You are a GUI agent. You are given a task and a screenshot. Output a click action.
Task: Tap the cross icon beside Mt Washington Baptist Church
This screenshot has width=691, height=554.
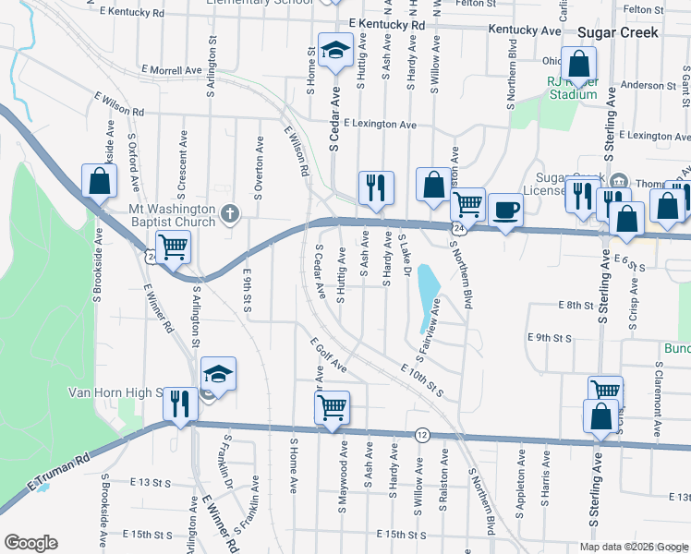tap(231, 215)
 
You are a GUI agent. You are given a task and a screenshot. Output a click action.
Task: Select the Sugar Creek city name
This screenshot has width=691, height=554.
tap(617, 32)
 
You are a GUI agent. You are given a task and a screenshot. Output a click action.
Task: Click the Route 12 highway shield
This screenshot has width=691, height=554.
tap(422, 434)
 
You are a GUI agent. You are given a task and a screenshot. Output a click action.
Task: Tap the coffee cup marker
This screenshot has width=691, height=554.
tap(504, 210)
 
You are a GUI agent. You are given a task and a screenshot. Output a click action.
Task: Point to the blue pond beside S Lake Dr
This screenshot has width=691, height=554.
tap(427, 297)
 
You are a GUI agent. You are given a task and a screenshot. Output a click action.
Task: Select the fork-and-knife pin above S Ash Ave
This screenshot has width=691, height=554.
tap(376, 187)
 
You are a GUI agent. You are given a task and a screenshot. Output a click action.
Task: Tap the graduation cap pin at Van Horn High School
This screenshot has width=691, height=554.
tap(218, 373)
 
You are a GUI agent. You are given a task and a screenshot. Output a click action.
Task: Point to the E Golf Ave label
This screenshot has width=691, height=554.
tap(328, 355)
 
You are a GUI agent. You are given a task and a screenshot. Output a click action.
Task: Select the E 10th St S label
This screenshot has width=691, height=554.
tap(422, 380)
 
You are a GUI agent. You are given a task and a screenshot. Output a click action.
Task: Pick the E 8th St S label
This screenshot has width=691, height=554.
tap(581, 304)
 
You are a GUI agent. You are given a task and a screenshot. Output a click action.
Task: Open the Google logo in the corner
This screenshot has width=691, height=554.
tap(30, 543)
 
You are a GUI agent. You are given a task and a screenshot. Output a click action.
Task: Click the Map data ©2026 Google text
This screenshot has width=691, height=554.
tap(633, 547)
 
